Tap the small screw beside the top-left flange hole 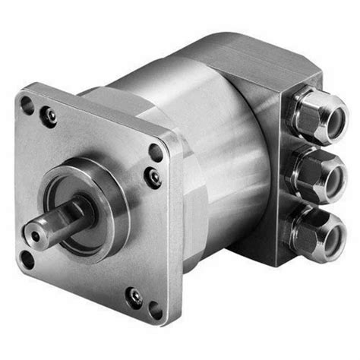click(x=50, y=116)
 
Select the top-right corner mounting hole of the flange click(x=156, y=152)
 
